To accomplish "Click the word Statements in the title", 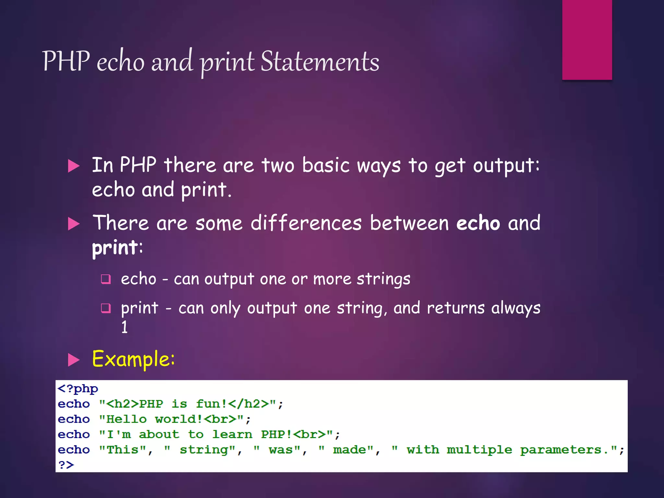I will click(320, 62).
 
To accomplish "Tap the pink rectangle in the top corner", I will click(587, 40).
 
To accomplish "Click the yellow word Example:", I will click(133, 359).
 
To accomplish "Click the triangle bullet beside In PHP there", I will click(74, 166).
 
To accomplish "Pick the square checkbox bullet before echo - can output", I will click(106, 279).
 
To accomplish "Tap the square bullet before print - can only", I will click(106, 308).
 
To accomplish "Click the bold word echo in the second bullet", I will click(478, 223).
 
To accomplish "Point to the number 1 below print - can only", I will click(124, 327).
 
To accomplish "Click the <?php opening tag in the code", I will click(78, 388).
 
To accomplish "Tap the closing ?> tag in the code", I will click(66, 465).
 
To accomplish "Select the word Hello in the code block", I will click(126, 419).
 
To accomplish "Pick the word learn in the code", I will click(232, 434).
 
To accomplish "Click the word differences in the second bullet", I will click(306, 223).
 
